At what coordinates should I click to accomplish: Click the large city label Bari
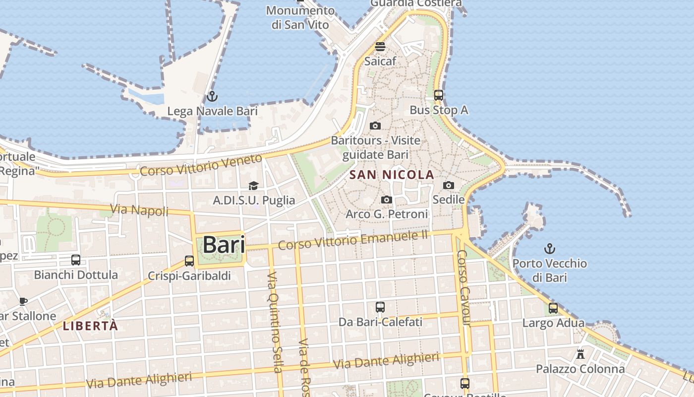click(x=224, y=245)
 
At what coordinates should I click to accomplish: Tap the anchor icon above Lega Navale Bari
click(x=212, y=96)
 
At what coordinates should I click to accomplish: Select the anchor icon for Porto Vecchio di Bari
click(x=550, y=249)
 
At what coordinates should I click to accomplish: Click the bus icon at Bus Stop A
click(x=439, y=95)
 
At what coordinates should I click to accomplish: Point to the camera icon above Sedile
click(x=449, y=185)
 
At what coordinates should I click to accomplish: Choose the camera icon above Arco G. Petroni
click(x=387, y=199)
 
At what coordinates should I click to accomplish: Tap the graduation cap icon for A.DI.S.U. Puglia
click(x=254, y=186)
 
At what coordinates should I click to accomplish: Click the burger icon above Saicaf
click(x=380, y=47)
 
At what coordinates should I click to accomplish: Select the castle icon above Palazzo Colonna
click(x=580, y=354)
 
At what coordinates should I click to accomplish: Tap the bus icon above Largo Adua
click(x=553, y=308)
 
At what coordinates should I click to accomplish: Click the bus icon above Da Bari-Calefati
click(x=380, y=307)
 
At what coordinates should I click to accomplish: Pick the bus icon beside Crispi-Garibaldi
click(x=189, y=261)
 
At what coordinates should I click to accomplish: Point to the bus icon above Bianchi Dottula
click(x=76, y=260)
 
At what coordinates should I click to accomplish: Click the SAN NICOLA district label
click(x=392, y=175)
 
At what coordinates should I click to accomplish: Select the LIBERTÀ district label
click(x=91, y=326)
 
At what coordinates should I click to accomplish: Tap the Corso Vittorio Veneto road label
click(x=201, y=165)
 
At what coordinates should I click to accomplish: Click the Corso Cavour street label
click(x=463, y=288)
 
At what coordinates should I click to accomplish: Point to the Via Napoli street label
click(x=139, y=210)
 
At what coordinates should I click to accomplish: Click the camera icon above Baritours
click(x=375, y=126)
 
